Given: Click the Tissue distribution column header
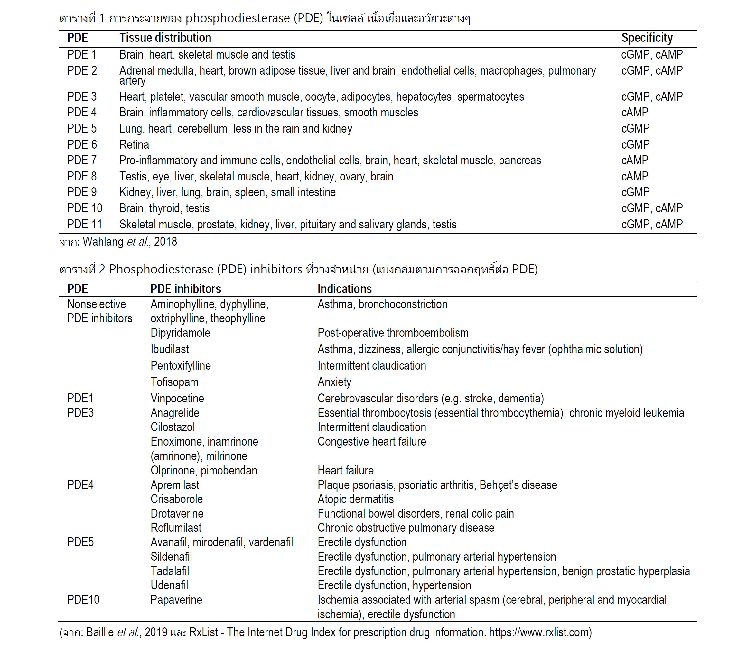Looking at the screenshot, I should click(x=165, y=38).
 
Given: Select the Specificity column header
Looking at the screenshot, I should click(x=647, y=38).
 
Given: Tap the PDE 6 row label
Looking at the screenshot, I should click(x=82, y=144).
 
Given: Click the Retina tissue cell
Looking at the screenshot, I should click(x=134, y=145).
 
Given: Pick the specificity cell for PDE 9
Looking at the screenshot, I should click(x=635, y=192).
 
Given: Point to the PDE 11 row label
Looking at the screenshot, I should click(x=84, y=224).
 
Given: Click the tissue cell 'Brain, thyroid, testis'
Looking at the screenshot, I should click(x=164, y=208).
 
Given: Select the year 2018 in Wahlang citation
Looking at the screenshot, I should click(x=165, y=242).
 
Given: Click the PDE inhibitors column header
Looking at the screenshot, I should click(x=185, y=289).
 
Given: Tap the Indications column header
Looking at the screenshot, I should click(x=344, y=289).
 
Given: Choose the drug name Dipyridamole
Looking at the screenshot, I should click(x=180, y=333).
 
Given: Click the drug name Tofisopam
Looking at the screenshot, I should click(x=174, y=382).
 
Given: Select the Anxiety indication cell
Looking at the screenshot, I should click(x=334, y=382).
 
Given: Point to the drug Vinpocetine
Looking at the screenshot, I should click(x=177, y=398).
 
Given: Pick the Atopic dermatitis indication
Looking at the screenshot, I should click(x=355, y=499).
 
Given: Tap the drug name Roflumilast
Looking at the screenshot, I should click(x=176, y=528).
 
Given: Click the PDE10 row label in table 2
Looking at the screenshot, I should click(x=83, y=600).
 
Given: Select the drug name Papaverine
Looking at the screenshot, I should click(x=176, y=600).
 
